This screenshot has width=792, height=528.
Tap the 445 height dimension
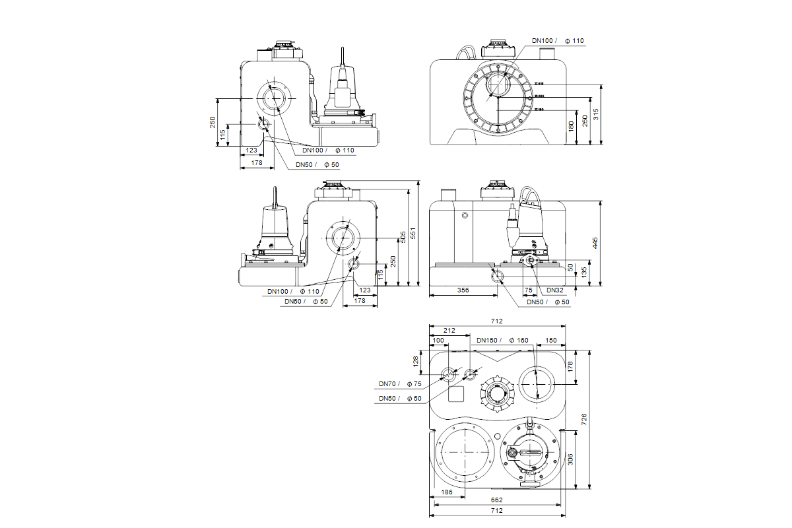tap(595, 244)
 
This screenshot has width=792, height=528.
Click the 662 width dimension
tap(497, 500)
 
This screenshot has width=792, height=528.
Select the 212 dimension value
tap(449, 331)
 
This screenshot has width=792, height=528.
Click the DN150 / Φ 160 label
tap(502, 341)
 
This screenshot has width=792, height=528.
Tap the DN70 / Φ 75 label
tap(399, 383)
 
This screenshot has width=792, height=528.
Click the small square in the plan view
tap(456, 395)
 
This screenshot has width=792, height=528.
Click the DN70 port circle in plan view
tap(449, 375)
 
